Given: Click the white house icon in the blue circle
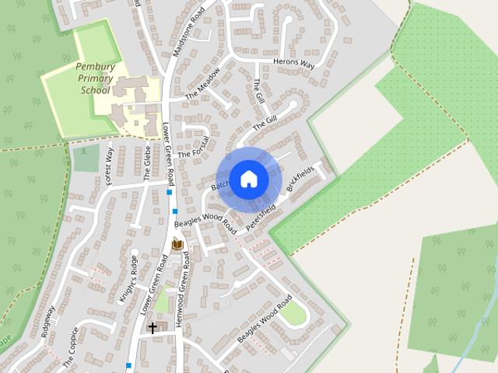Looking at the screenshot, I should point(248,178).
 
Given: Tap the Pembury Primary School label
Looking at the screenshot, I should point(96,78).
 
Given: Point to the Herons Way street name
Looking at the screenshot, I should point(293,63).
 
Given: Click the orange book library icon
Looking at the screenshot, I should point(177,246).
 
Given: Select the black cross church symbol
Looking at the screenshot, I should point(153,327).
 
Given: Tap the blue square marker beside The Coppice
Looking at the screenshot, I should point(128,364).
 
